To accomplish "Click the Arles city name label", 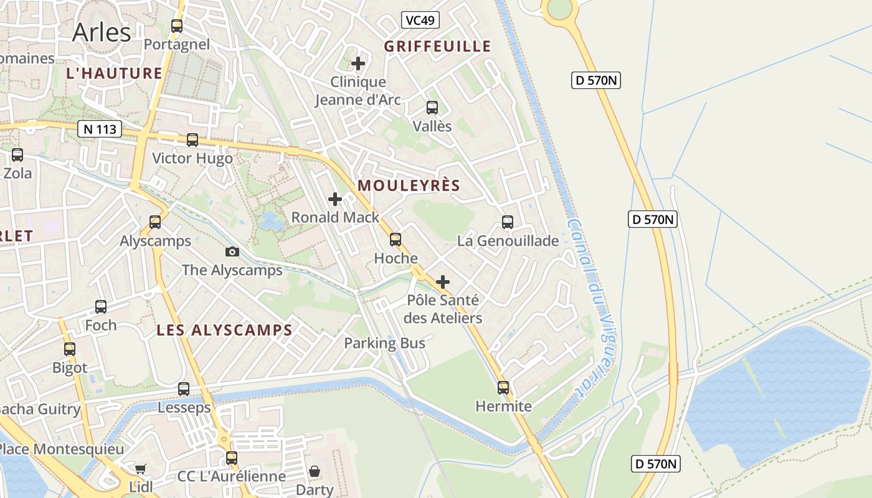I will coord(102,32).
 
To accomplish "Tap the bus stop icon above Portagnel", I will coord(177,26).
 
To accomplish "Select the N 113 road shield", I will coord(100,129).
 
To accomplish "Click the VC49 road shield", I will coord(420,21).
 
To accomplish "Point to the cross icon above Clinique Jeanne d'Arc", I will coord(358,63).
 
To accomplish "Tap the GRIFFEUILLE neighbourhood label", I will coord(437,46).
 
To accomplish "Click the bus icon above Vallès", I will coord(432,108).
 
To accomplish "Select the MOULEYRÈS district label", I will coord(409,186).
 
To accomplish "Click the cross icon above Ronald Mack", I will coord(335,199).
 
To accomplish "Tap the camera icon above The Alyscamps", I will coord(232,251).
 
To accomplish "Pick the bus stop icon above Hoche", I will coord(396,240).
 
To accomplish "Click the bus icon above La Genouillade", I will coord(508,222).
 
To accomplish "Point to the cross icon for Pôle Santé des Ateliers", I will coord(443,282).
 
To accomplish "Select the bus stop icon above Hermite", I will coord(503,388).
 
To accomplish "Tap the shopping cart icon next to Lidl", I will coord(141,469).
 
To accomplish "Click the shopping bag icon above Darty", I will coord(315,471).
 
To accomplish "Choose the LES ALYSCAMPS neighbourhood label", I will coord(224,330).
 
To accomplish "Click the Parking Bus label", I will coord(384,343).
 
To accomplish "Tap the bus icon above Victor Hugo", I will coord(192,140).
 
